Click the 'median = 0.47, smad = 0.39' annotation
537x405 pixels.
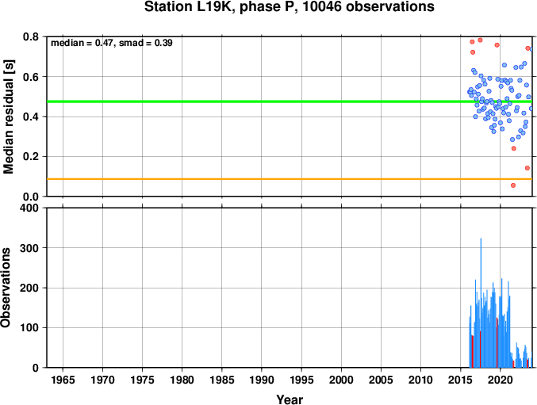coord(112,43)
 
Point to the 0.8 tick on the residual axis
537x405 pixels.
coord(31,36)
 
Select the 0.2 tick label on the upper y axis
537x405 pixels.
coord(31,157)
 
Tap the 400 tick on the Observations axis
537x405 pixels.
coord(29,208)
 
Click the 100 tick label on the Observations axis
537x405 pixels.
coord(29,327)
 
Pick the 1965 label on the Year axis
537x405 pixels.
coord(63,380)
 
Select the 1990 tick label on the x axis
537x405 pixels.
coord(262,380)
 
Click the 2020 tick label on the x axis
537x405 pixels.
coord(501,380)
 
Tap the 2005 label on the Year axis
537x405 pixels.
coord(381,380)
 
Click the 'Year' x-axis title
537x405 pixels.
coord(290,399)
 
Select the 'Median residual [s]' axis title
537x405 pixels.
coord(8,117)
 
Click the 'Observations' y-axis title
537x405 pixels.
coord(6,288)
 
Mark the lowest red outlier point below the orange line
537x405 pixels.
coord(513,185)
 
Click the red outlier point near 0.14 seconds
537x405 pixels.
coord(527,168)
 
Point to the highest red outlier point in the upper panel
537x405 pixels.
coord(480,40)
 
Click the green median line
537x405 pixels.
coord(290,101)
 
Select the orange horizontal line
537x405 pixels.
coord(290,179)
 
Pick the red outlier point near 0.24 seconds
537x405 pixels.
coord(514,148)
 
